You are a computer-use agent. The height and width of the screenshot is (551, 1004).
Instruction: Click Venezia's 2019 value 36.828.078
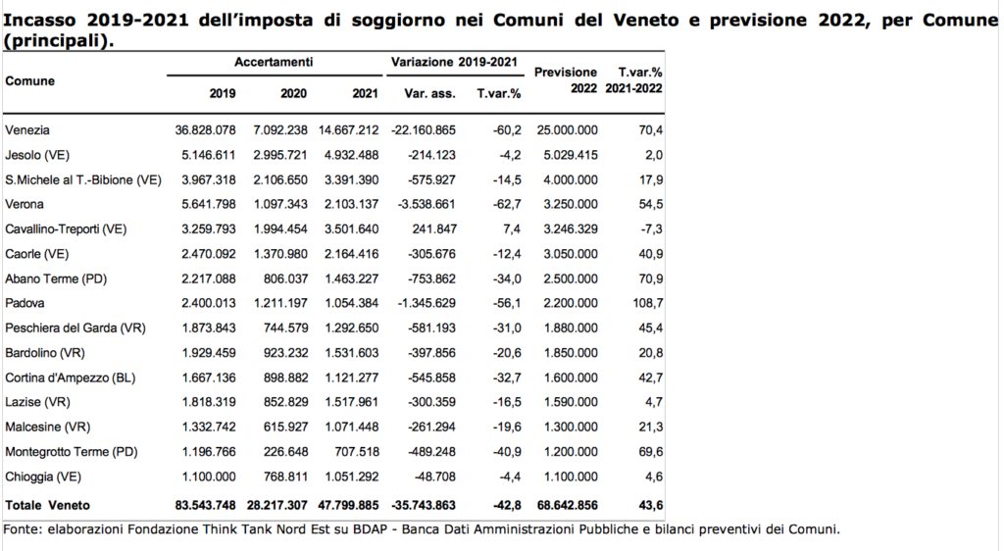[206, 130]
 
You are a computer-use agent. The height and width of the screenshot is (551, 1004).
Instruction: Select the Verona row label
[25, 204]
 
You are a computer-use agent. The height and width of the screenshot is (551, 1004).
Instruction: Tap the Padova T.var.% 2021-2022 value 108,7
[648, 303]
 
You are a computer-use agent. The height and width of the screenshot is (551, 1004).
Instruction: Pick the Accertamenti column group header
[274, 62]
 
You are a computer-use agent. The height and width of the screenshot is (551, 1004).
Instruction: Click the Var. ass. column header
[429, 93]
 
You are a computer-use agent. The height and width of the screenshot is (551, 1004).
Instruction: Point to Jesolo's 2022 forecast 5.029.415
[571, 155]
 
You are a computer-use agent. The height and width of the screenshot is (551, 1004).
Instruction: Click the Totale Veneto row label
[47, 505]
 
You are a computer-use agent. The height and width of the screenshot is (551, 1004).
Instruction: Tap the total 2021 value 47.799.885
[348, 505]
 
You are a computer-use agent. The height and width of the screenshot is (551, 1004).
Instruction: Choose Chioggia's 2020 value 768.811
[285, 476]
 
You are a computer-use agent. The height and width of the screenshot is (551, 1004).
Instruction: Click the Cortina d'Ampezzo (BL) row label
[71, 377]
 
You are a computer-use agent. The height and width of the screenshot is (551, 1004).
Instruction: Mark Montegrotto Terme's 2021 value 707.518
[357, 452]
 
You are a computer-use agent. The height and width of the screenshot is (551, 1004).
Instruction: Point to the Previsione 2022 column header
[566, 80]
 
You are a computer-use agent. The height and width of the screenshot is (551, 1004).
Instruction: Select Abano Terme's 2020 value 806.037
[285, 279]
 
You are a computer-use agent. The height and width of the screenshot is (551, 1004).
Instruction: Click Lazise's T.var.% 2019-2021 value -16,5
[507, 402]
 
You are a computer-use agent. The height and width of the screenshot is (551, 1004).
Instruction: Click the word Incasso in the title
[41, 21]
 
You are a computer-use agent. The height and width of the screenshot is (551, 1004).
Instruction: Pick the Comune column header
[30, 81]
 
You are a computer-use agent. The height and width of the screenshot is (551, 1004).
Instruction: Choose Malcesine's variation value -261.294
[431, 426]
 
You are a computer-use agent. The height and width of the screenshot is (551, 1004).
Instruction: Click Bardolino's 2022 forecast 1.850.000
[571, 353]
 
